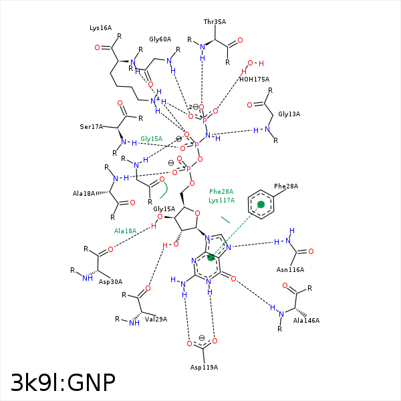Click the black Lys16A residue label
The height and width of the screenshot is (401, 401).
[x=101, y=28]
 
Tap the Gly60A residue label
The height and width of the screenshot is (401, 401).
[x=160, y=39]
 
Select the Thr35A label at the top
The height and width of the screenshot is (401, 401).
[x=215, y=21]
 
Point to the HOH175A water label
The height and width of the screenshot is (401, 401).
[x=254, y=79]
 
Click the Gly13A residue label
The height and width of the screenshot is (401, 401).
[x=289, y=114]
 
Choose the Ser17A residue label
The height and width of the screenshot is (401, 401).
[x=91, y=126]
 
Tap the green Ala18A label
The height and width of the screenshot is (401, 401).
[x=125, y=231]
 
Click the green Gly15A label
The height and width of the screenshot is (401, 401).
[x=152, y=138]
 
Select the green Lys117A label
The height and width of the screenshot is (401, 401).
[x=221, y=200]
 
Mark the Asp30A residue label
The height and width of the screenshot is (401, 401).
[x=112, y=281]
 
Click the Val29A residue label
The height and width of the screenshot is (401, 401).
[x=156, y=319]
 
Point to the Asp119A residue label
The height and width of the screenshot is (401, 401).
[x=204, y=368]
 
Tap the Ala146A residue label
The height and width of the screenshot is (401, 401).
[x=306, y=320]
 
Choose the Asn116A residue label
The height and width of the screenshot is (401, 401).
[x=290, y=270]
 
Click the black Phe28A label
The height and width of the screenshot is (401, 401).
[x=286, y=186]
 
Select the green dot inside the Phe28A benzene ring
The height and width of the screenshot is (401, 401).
[x=261, y=205]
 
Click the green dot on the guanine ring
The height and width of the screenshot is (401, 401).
[x=211, y=257]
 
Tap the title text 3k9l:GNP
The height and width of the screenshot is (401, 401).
[x=63, y=382]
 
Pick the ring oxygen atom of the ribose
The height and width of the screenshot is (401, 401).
[x=188, y=213]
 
